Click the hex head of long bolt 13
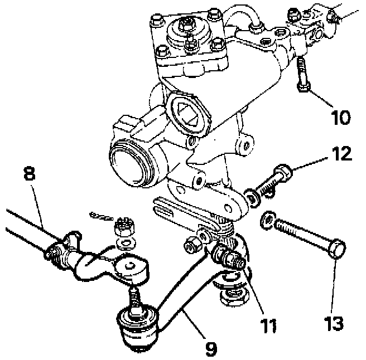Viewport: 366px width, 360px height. (x=337, y=249)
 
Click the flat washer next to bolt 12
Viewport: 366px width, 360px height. (x=253, y=197)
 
